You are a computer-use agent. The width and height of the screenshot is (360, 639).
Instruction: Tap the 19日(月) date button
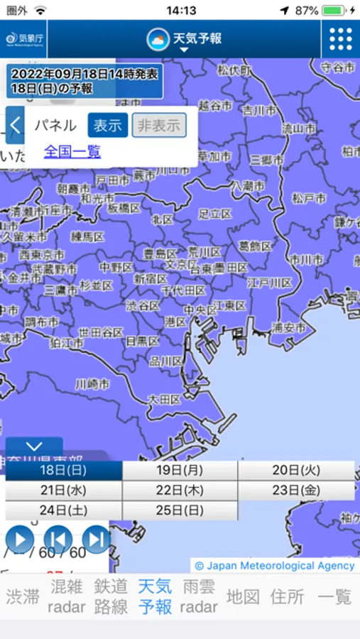(180, 471)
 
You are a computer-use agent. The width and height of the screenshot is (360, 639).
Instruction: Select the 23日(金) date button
(296, 491)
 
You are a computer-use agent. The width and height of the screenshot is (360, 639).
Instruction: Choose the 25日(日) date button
(180, 510)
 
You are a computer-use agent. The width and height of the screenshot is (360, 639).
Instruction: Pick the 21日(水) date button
(63, 491)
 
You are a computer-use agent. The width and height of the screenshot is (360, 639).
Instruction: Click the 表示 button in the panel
(108, 126)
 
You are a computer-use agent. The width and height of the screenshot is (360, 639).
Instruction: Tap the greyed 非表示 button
(159, 126)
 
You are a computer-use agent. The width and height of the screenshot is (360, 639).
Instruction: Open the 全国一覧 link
(72, 151)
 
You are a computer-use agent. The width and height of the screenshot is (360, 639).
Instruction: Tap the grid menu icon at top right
(340, 39)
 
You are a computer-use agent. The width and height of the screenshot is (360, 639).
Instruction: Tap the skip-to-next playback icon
(96, 540)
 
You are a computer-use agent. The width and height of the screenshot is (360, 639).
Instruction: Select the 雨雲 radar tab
(199, 596)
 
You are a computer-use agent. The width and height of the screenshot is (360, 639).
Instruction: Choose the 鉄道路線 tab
(111, 596)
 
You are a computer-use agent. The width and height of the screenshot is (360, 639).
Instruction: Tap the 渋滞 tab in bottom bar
(23, 596)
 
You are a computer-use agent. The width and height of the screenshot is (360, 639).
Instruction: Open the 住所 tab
(287, 596)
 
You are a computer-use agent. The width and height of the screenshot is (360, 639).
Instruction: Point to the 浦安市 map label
(289, 328)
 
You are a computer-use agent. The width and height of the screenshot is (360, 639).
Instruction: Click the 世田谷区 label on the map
(100, 332)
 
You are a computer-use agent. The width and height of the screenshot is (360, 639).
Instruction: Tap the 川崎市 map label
(93, 384)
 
